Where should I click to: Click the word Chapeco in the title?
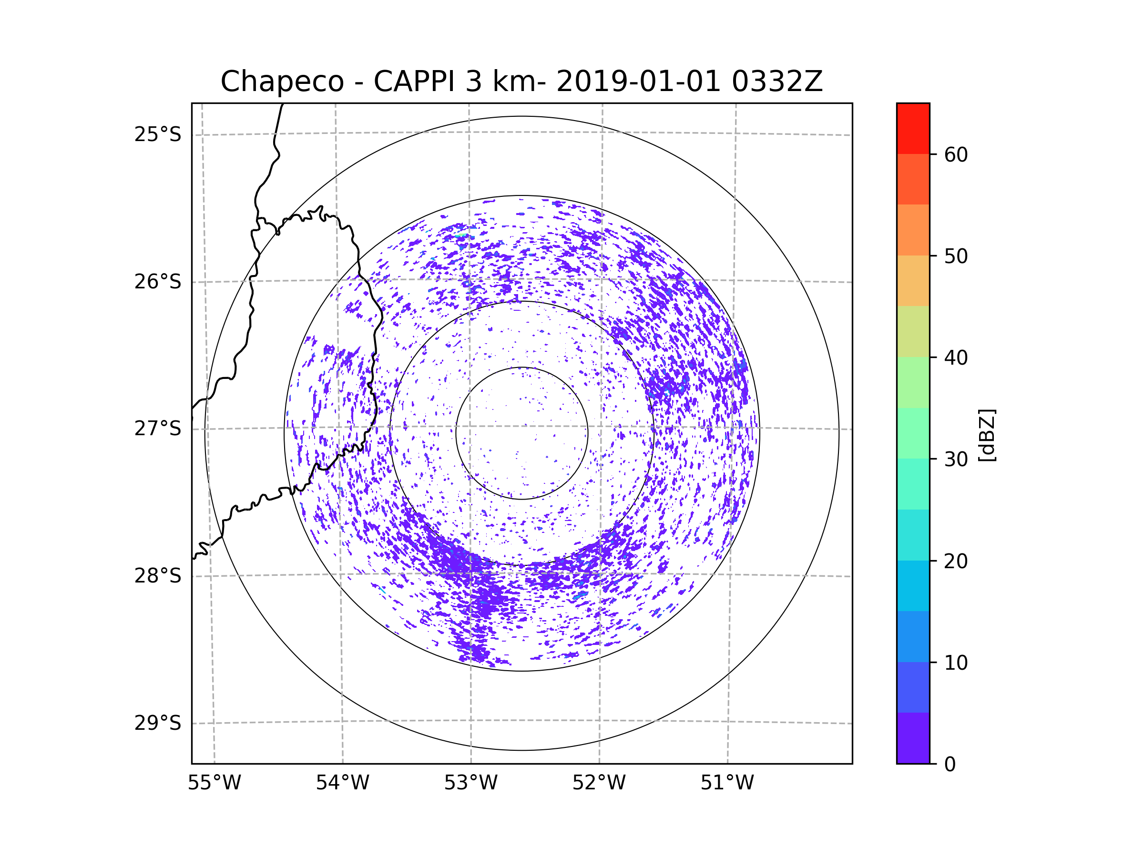[x=282, y=82]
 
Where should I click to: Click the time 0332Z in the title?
[x=777, y=82]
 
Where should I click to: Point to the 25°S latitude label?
[x=158, y=134]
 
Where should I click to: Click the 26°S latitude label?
[x=158, y=282]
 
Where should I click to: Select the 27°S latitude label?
[x=158, y=429]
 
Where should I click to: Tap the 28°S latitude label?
[x=158, y=576]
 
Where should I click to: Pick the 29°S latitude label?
[x=158, y=723]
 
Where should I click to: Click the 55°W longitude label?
[x=214, y=783]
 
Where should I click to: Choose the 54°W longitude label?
[x=342, y=783]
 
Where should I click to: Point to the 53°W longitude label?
[x=470, y=783]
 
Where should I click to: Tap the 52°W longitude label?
[x=599, y=783]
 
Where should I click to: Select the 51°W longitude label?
[x=727, y=783]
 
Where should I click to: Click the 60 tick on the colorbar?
[x=956, y=154]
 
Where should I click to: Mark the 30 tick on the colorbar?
[x=956, y=459]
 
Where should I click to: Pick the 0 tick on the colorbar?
[x=950, y=765]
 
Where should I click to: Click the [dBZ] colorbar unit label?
[x=987, y=436]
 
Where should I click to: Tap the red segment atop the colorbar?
[x=913, y=128]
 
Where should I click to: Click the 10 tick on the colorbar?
[x=956, y=663]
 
